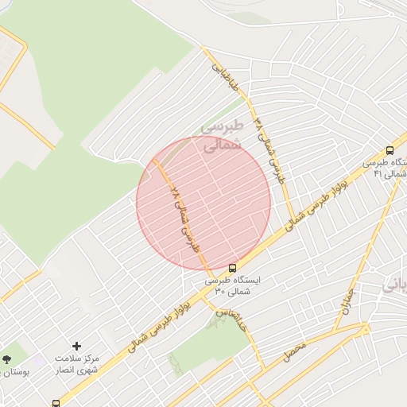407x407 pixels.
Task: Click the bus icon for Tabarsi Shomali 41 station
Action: pyautogui.click(x=390, y=150)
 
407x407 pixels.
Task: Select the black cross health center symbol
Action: pyautogui.click(x=76, y=346)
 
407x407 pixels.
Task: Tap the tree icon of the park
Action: pyautogui.click(x=7, y=359)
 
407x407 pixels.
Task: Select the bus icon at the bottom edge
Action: pyautogui.click(x=56, y=403)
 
